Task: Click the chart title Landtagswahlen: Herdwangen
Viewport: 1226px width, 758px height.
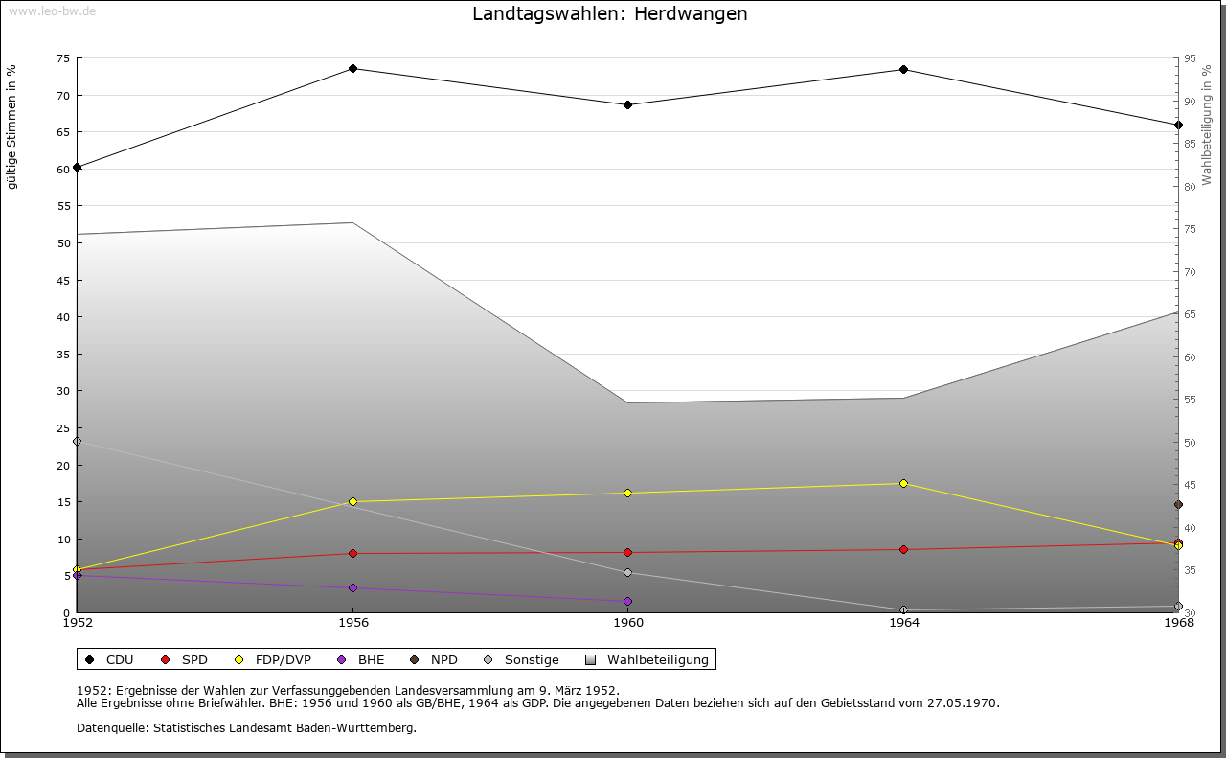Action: pyautogui.click(x=610, y=14)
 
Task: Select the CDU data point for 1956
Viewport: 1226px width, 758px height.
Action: pyautogui.click(x=352, y=69)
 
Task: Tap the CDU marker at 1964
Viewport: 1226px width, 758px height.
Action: pyautogui.click(x=903, y=70)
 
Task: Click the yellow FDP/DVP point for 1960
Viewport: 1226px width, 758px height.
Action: pyautogui.click(x=628, y=494)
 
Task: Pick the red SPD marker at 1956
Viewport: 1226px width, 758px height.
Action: pyautogui.click(x=352, y=554)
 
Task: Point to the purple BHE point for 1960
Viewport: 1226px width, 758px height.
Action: pyautogui.click(x=628, y=602)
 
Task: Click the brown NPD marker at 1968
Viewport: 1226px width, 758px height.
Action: pyautogui.click(x=1178, y=505)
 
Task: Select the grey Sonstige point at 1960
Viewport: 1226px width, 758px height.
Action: pyautogui.click(x=628, y=573)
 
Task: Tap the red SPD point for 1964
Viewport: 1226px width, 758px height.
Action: pyautogui.click(x=903, y=550)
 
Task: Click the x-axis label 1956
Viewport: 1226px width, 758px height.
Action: pyautogui.click(x=352, y=623)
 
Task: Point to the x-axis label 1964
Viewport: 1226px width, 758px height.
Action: pyautogui.click(x=903, y=623)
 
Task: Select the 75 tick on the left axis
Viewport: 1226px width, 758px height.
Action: pyautogui.click(x=62, y=58)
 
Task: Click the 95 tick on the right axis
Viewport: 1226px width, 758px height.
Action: pyautogui.click(x=1190, y=58)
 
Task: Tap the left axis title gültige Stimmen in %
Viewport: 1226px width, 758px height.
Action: pyautogui.click(x=12, y=126)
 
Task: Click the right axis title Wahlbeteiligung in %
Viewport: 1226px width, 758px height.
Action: pyautogui.click(x=1207, y=125)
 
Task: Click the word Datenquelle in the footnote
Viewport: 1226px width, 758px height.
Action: pyautogui.click(x=108, y=728)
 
